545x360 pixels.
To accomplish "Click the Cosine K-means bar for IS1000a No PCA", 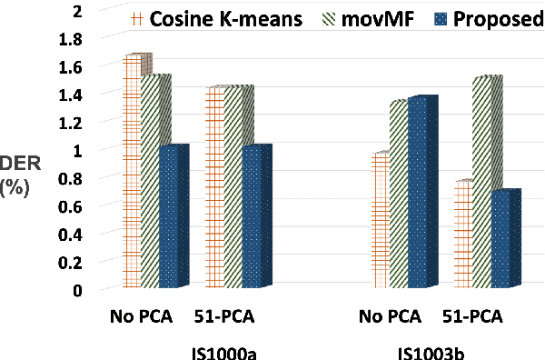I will coord(133,173).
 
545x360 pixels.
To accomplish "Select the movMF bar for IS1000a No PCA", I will coord(152,183).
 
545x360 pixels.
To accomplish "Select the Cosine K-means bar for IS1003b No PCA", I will coord(381,222).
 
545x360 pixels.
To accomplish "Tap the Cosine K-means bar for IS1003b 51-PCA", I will coord(463,235).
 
